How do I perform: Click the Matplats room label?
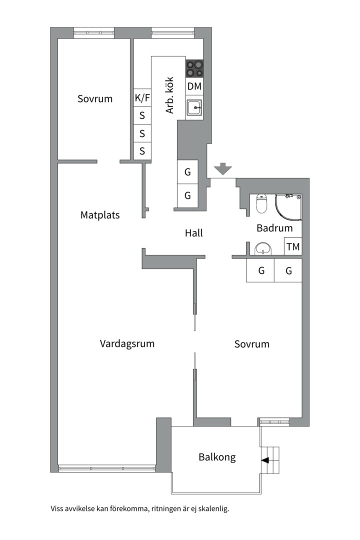click(100, 215)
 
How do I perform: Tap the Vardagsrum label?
click(127, 343)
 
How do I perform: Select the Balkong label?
click(217, 457)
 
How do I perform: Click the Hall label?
click(193, 233)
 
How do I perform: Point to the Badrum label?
click(274, 228)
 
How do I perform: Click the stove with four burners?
click(194, 68)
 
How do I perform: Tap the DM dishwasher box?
click(194, 86)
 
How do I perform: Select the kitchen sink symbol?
click(194, 108)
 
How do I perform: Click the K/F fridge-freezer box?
click(142, 98)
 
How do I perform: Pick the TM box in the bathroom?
click(293, 246)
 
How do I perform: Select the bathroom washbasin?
click(263, 248)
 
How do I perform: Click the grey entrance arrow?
click(223, 168)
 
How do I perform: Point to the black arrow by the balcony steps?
click(265, 460)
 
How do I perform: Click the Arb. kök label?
click(170, 95)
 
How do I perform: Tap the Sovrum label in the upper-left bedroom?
click(95, 99)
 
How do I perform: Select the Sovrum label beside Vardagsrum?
click(252, 344)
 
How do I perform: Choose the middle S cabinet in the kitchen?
click(142, 133)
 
